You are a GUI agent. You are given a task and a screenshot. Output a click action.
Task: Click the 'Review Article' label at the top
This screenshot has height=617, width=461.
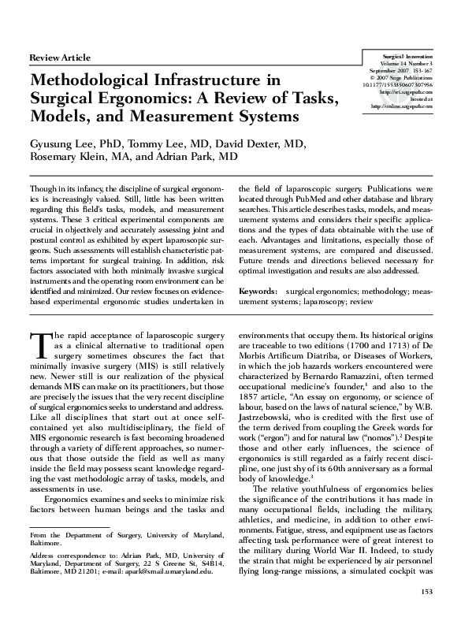pyautogui.click(x=60, y=58)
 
